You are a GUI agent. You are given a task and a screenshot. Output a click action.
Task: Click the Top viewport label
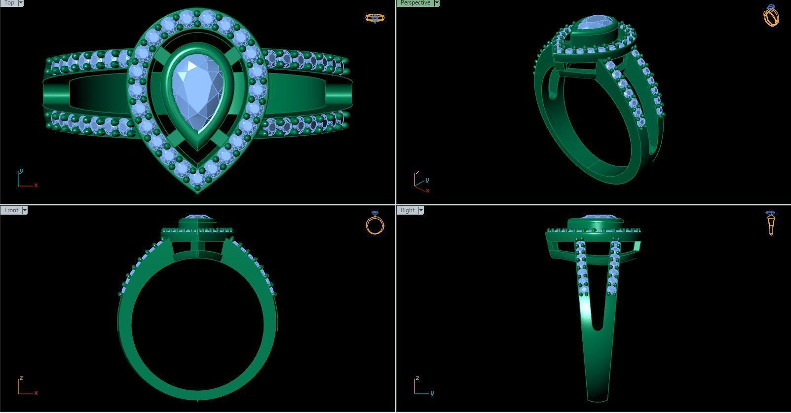coord(9,3)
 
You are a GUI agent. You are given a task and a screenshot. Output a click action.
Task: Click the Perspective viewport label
coord(415,3)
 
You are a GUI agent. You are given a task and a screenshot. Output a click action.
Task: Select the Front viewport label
coord(11,210)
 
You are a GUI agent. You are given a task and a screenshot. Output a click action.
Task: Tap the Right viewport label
coord(408,210)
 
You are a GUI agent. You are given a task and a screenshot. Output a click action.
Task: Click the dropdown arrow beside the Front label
coord(25,210)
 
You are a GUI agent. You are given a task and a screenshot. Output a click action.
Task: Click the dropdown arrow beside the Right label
coord(421,210)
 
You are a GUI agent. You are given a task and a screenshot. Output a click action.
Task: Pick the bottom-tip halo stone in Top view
coord(198,178)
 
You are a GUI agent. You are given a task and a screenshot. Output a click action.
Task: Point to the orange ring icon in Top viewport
coord(375,18)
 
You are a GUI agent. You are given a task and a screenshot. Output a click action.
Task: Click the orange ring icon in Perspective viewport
coord(771,15)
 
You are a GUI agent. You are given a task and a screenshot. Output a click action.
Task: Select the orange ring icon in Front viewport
coord(375,223)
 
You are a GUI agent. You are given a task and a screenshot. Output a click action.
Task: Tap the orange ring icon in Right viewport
coord(771,223)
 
